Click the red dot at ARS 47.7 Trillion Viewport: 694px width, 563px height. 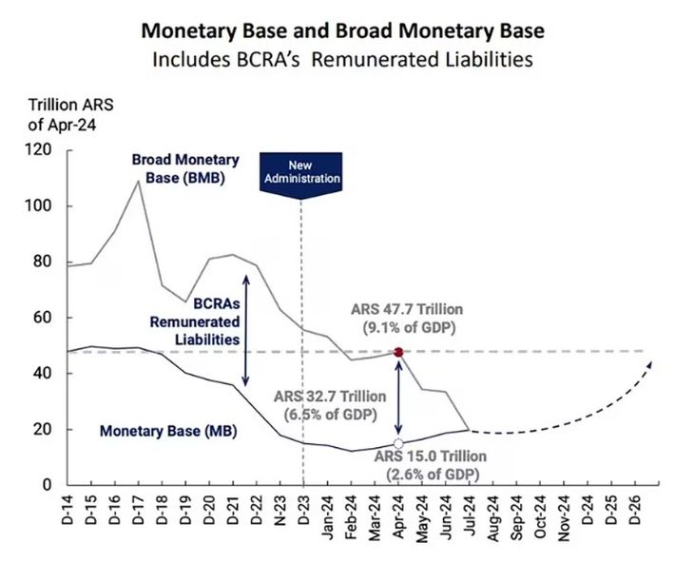398,352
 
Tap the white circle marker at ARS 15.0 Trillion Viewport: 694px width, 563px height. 398,443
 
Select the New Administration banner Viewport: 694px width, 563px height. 301,173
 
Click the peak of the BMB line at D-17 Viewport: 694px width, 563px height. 138,181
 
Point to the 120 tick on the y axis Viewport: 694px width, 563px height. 40,150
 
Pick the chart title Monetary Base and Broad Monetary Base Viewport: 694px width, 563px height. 343,31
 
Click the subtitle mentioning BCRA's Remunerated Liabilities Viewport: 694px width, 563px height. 342,59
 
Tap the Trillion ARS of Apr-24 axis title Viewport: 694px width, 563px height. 70,115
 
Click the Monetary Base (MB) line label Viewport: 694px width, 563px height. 168,431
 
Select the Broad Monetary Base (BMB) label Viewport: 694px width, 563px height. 185,168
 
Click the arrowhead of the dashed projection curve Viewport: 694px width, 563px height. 649,364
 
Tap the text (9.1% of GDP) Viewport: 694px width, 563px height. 409,327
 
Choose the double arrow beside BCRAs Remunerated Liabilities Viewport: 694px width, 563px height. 246,331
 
